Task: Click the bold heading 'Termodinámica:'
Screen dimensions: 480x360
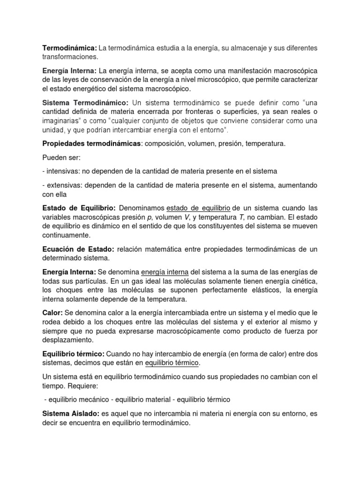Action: (x=69, y=48)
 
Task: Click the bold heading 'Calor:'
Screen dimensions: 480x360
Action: (x=53, y=313)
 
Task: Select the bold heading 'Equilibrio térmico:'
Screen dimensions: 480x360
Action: (x=74, y=353)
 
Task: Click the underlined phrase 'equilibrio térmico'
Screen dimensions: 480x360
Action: (x=172, y=363)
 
